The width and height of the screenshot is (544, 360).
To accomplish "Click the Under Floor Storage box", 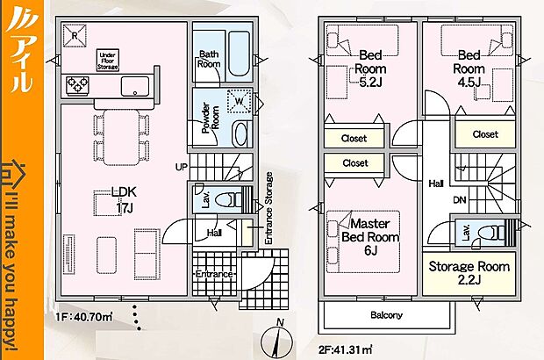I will coord(107,61).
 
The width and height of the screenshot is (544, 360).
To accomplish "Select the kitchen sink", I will coord(134,85).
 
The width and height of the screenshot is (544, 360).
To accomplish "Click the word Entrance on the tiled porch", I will coord(213,274).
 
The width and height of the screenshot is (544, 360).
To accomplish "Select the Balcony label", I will coord(385,315).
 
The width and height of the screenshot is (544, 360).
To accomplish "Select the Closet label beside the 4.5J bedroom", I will coord(483,134).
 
